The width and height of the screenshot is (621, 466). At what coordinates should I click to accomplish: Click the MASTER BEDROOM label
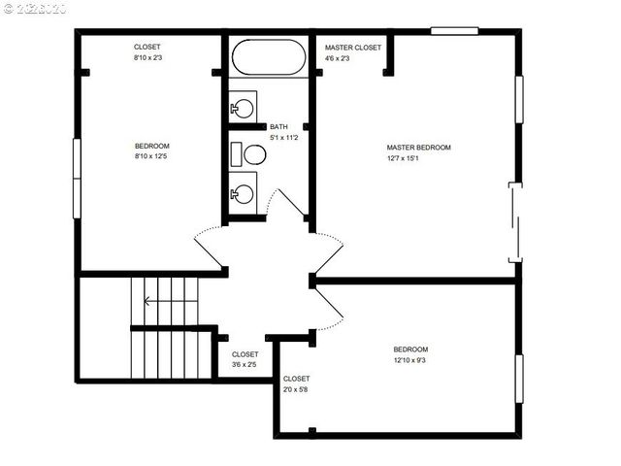point(418,148)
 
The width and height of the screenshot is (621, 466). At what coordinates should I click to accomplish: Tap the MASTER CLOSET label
point(353,47)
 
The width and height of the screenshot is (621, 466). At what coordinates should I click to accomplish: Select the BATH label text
point(278,127)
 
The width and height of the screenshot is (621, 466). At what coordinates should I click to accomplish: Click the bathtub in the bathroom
point(268,57)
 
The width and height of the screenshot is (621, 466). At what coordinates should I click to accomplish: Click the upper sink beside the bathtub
point(244,106)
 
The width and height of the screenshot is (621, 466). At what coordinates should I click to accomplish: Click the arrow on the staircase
point(146,300)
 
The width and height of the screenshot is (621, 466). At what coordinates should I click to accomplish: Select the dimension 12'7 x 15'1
point(418,159)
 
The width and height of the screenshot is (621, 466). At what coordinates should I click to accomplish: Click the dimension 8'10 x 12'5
point(151,157)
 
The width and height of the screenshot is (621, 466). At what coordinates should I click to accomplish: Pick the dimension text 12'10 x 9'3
point(409,361)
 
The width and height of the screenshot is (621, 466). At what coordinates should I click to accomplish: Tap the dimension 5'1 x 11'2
point(283,138)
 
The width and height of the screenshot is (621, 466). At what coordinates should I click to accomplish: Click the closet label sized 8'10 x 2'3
point(147,58)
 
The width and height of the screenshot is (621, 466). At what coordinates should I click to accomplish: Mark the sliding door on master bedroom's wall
point(516,222)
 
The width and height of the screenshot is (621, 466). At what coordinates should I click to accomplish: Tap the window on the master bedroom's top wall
point(455,31)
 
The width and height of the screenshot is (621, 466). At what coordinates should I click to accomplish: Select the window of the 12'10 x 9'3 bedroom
point(519,383)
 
